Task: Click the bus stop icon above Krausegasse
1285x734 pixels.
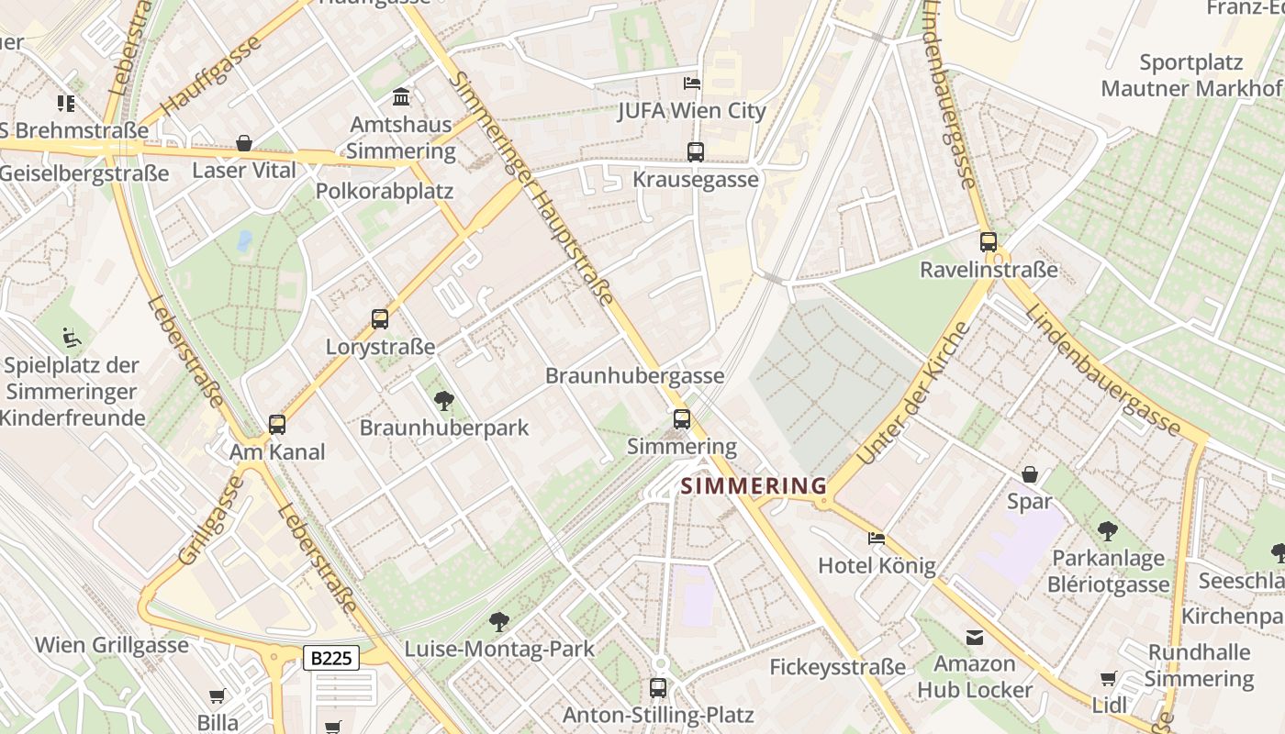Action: tap(696, 152)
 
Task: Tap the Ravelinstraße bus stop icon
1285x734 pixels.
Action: tap(989, 242)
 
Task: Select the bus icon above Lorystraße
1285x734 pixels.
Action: tap(380, 319)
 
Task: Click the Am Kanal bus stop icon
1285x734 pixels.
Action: tap(277, 425)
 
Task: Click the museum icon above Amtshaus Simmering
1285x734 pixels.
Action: tap(401, 96)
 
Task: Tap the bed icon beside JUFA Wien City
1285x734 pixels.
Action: tap(692, 83)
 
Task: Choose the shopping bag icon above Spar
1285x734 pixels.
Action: tap(1030, 474)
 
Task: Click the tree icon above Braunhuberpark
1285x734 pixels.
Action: tap(444, 400)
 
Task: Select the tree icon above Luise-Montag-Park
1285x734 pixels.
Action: tap(499, 622)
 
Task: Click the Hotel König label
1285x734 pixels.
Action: tap(877, 565)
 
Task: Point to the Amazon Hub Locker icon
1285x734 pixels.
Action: tap(974, 637)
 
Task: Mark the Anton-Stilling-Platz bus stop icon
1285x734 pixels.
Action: tap(658, 687)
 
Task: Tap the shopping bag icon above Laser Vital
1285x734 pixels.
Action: tap(244, 143)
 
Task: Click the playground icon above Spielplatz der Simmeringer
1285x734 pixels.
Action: tap(72, 338)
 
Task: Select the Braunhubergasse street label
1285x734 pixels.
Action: tap(634, 376)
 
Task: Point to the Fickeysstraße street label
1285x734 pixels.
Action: tap(837, 667)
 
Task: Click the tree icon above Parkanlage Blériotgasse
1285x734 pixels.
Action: tap(1108, 530)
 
